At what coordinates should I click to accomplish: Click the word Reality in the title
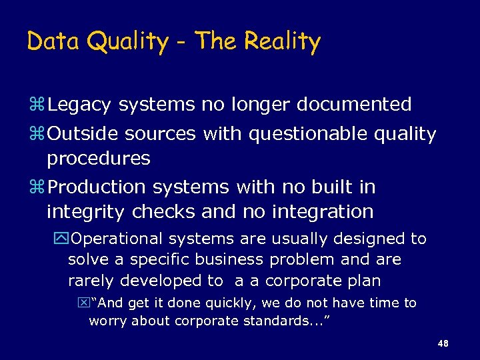click(x=283, y=42)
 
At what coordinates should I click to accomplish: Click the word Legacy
click(x=80, y=105)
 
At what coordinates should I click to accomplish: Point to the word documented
click(x=354, y=105)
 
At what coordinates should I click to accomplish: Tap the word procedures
click(x=99, y=159)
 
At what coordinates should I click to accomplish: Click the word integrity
click(x=87, y=212)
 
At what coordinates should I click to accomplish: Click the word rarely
click(x=91, y=281)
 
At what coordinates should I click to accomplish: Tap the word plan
click(x=364, y=281)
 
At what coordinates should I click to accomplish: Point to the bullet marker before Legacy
click(x=37, y=105)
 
